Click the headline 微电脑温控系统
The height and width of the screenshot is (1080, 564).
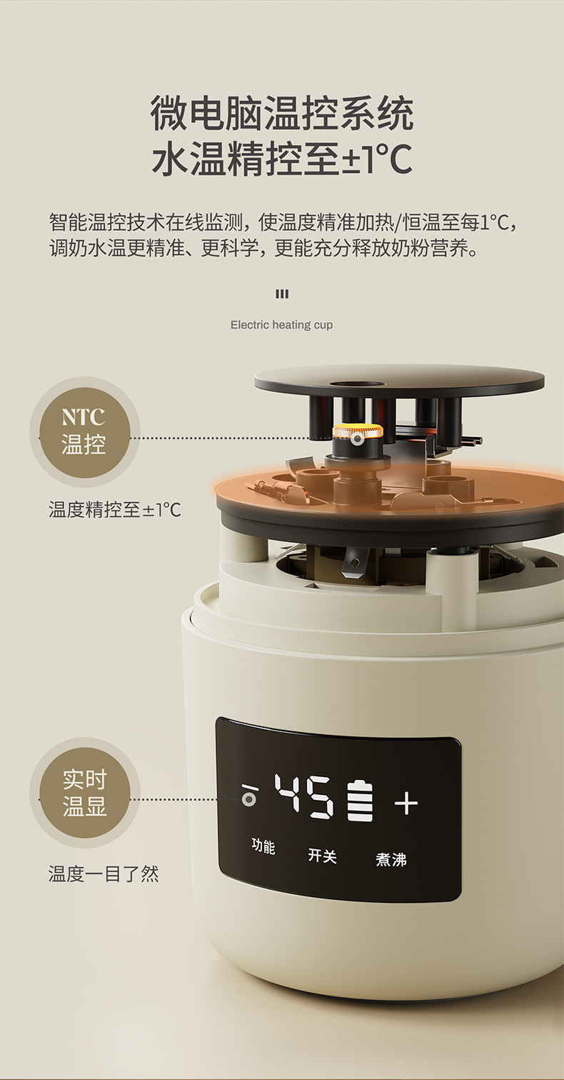tap(282, 114)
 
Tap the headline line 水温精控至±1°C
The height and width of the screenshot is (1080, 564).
tap(282, 158)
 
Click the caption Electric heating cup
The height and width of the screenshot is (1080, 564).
tap(281, 325)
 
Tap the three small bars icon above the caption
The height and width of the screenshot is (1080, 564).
tap(282, 294)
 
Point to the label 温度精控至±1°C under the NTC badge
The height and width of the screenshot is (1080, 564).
tap(115, 509)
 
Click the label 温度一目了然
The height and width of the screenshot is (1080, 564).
tap(104, 874)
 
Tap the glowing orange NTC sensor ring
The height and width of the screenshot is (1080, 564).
tap(358, 431)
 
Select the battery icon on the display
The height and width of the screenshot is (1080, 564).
tap(360, 800)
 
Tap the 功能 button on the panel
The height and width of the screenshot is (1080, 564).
tap(263, 846)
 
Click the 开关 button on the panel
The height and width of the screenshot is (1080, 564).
tap(322, 855)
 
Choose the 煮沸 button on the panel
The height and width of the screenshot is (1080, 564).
tap(391, 859)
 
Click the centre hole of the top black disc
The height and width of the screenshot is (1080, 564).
tap(358, 385)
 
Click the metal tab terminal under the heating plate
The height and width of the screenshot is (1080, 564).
tap(355, 563)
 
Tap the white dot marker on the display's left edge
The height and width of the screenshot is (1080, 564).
tap(248, 800)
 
